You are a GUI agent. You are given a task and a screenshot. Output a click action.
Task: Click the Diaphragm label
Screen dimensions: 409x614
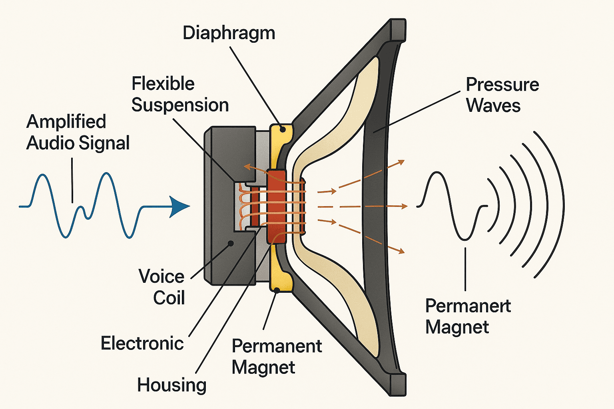pyautogui.click(x=229, y=34)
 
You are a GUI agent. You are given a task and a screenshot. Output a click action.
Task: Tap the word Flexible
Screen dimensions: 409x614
pyautogui.click(x=163, y=84)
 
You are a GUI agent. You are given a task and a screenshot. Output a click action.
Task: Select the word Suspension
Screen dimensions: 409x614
pyautogui.click(x=180, y=105)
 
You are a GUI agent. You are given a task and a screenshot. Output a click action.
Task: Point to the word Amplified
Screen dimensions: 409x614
pyautogui.click(x=66, y=122)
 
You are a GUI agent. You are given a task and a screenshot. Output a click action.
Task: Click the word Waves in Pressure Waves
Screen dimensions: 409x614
pyautogui.click(x=493, y=106)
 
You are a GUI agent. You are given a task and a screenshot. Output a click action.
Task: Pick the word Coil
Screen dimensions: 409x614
pyautogui.click(x=169, y=298)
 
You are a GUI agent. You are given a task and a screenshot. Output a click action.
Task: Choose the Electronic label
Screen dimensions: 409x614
pyautogui.click(x=142, y=343)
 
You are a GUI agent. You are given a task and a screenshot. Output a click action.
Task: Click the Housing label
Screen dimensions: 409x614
pyautogui.click(x=171, y=385)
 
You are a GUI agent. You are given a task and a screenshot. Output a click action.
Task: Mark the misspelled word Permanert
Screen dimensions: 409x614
pyautogui.click(x=468, y=306)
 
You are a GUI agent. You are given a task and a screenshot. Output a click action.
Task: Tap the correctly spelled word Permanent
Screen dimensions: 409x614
pyautogui.click(x=277, y=346)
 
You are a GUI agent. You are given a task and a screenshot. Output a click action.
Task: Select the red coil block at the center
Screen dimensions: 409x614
pyautogui.click(x=276, y=206)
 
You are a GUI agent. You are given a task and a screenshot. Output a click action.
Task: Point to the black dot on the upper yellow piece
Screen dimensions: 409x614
pyautogui.click(x=283, y=129)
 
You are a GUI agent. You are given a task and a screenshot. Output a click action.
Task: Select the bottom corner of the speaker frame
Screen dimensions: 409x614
pyautogui.click(x=398, y=384)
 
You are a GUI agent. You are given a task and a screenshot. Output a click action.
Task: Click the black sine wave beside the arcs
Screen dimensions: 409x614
pyautogui.click(x=452, y=206)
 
